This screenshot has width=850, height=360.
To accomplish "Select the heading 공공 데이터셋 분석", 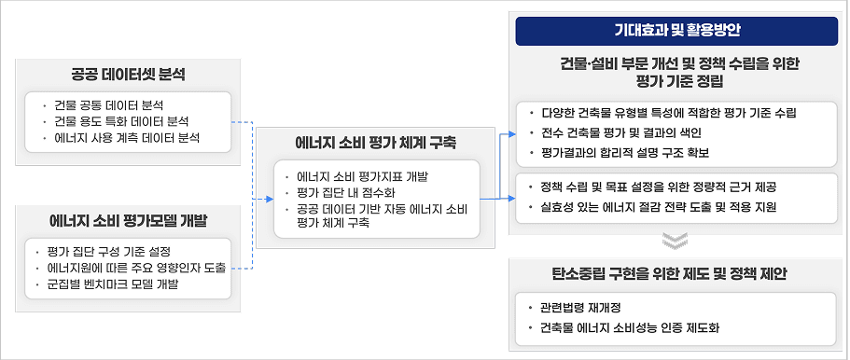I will [x=128, y=73].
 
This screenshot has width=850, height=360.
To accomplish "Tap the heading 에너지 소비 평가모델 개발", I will [x=128, y=221].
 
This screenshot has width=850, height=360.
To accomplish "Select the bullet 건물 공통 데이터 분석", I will [x=109, y=104].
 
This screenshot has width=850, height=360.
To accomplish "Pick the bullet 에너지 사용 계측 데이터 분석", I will [x=122, y=139].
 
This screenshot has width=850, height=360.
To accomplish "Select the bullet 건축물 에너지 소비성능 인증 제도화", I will [x=629, y=327].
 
